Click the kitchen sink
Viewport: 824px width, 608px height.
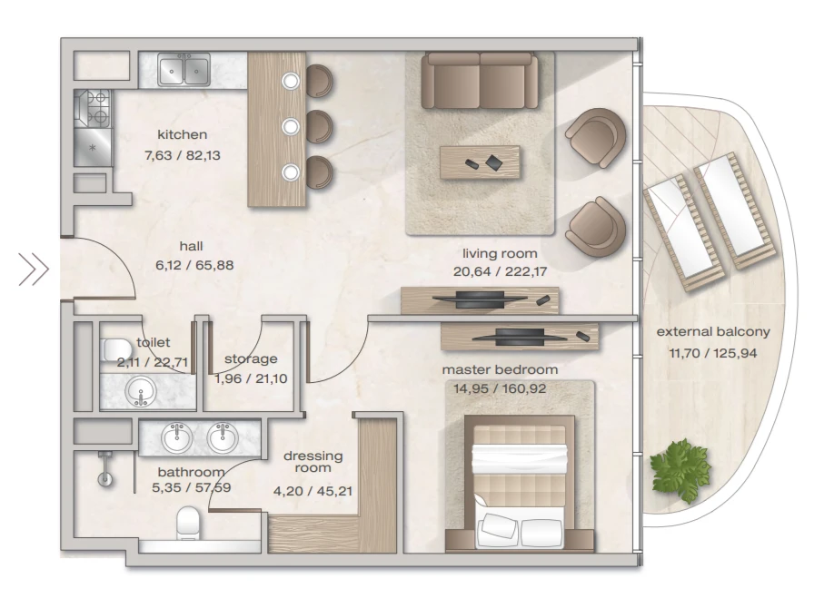[x=184, y=70]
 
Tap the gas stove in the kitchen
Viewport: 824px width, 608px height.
[x=93, y=109]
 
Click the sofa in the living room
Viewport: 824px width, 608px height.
[x=480, y=81]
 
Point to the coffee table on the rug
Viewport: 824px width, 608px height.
[x=480, y=162]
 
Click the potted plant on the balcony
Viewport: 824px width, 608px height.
[x=680, y=470]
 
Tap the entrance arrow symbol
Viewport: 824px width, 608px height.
[x=34, y=270]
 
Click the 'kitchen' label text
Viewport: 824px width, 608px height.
[x=183, y=134]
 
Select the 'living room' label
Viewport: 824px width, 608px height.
[x=500, y=253]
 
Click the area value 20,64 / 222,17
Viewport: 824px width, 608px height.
[x=500, y=271]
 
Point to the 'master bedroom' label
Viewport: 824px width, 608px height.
[x=500, y=369]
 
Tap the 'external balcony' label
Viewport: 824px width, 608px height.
[x=713, y=332]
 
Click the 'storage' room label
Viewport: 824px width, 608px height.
[x=251, y=359]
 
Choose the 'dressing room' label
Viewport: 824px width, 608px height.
[x=313, y=462]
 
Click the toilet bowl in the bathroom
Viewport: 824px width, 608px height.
[x=186, y=523]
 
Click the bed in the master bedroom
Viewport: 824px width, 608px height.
[x=520, y=486]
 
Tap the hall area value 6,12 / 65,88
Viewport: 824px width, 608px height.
[x=194, y=265]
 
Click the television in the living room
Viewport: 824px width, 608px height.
[x=480, y=299]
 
